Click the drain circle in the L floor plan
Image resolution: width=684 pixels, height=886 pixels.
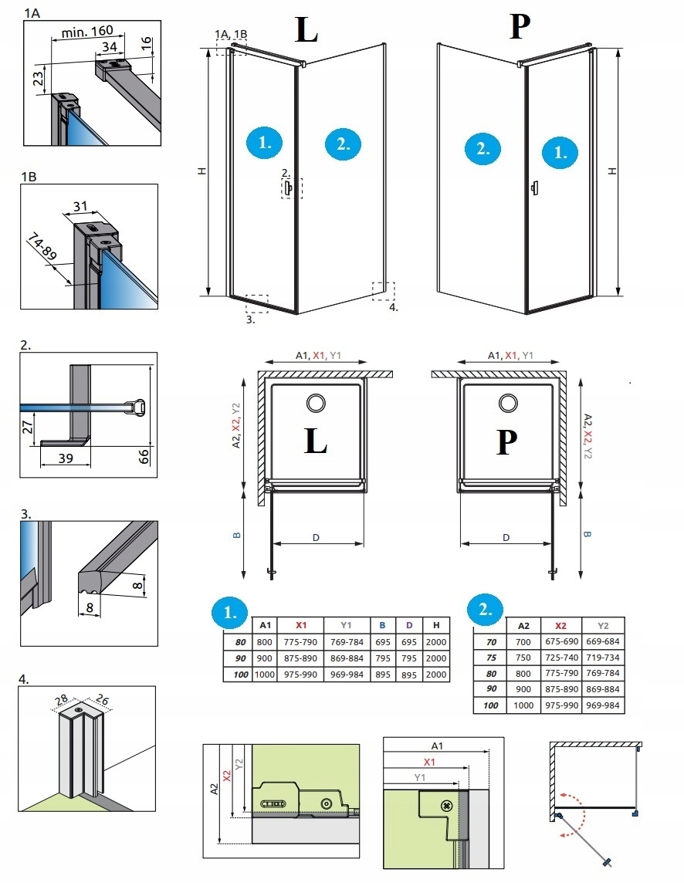pos(316,403)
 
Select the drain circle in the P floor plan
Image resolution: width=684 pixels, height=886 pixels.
pos(507,403)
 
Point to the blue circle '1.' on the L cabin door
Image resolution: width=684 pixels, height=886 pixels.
pos(264,142)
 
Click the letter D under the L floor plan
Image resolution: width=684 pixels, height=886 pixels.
pos(316,537)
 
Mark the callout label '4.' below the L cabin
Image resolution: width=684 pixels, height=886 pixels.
pos(394,307)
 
